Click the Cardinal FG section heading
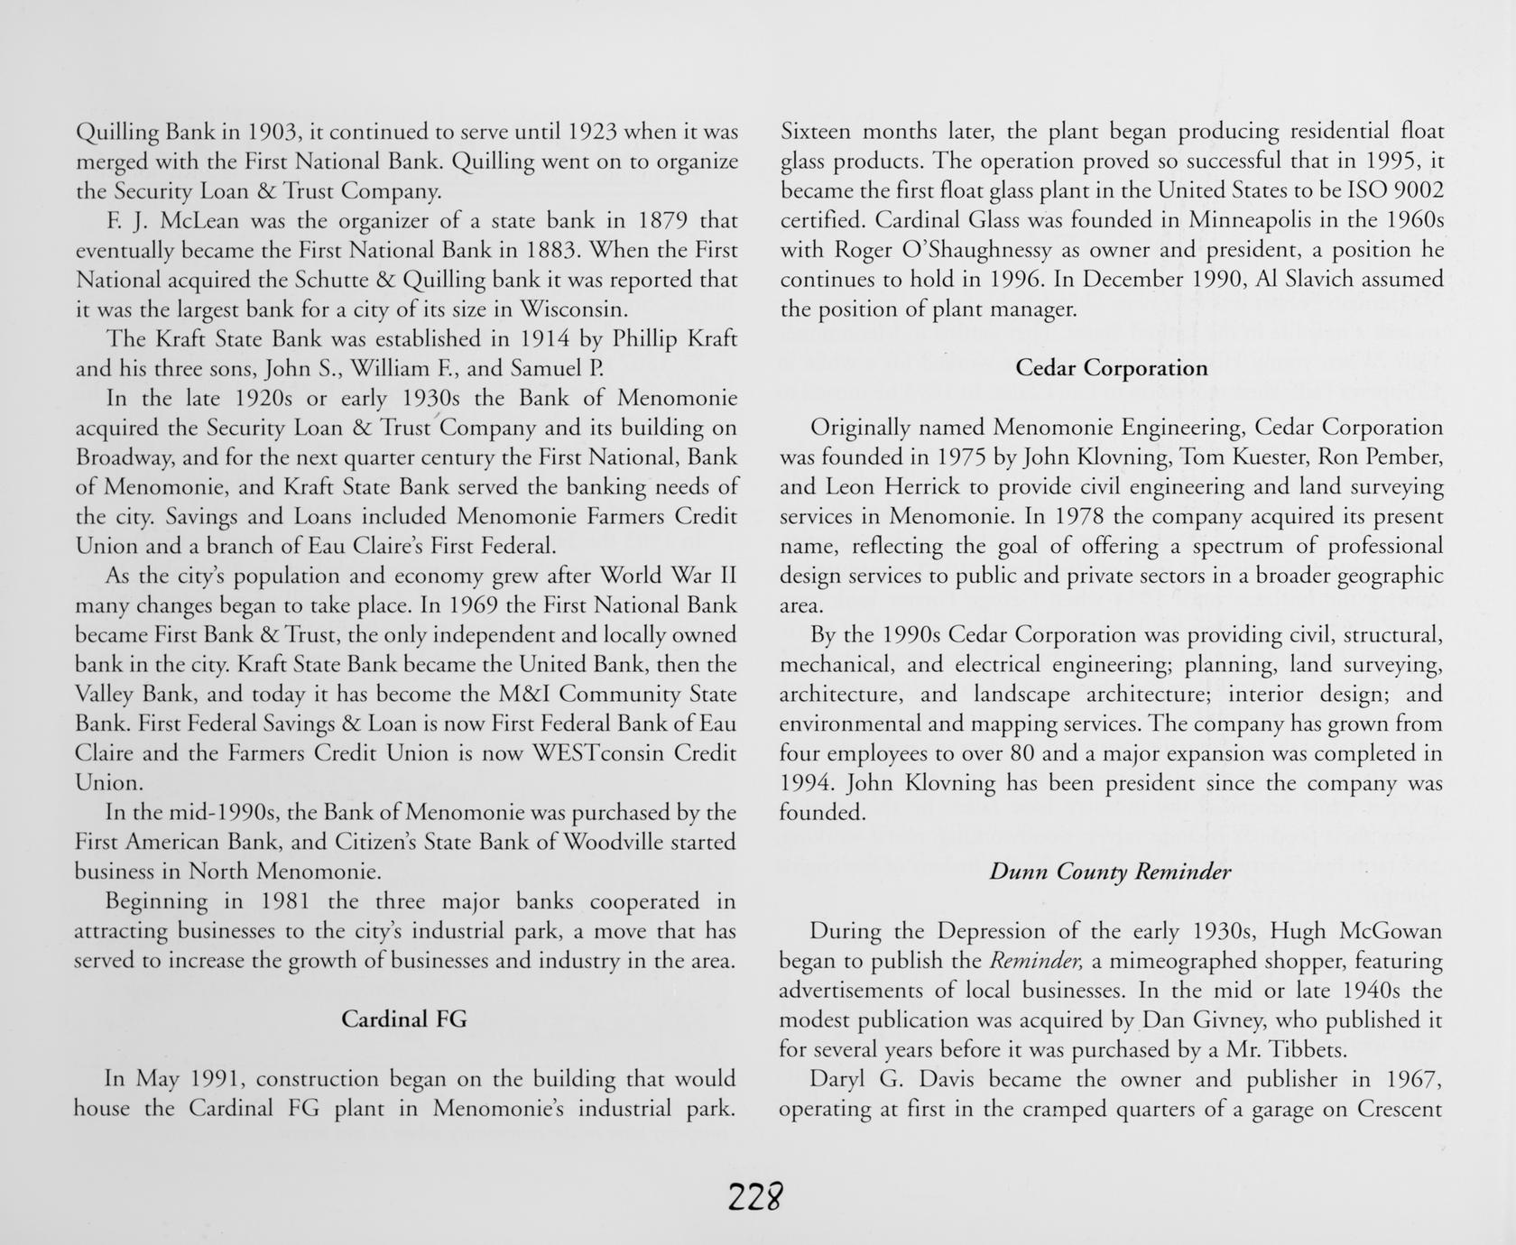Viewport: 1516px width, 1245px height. (x=403, y=1019)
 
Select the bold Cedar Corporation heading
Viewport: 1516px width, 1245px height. (x=1111, y=368)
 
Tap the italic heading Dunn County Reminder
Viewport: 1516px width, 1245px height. (x=1110, y=871)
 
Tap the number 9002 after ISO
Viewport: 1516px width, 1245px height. (x=1413, y=191)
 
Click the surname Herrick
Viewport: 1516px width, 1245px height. (x=905, y=487)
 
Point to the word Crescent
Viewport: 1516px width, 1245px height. (x=1400, y=1109)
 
